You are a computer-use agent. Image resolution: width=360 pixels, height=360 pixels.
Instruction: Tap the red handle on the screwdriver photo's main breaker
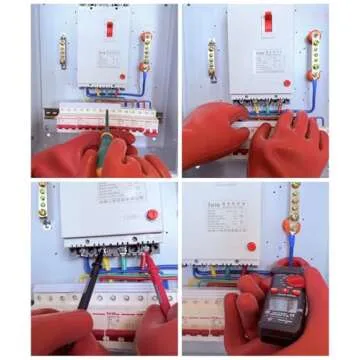tap(109, 28)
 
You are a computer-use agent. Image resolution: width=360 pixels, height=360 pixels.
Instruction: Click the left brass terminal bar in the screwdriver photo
tap(63, 50)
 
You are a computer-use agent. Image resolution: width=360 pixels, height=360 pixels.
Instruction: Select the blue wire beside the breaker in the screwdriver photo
tap(143, 84)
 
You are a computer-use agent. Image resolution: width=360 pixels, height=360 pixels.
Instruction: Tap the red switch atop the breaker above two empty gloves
tap(267, 22)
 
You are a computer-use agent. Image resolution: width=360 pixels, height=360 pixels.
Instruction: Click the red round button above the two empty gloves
tap(288, 84)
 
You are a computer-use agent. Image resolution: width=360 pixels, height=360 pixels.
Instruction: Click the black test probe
tap(87, 290)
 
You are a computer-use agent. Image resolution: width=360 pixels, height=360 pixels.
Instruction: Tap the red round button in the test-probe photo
tap(152, 214)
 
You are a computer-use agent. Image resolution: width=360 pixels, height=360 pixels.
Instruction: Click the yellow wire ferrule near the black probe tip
tap(105, 265)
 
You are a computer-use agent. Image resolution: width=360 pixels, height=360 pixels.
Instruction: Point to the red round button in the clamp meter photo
tap(252, 246)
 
